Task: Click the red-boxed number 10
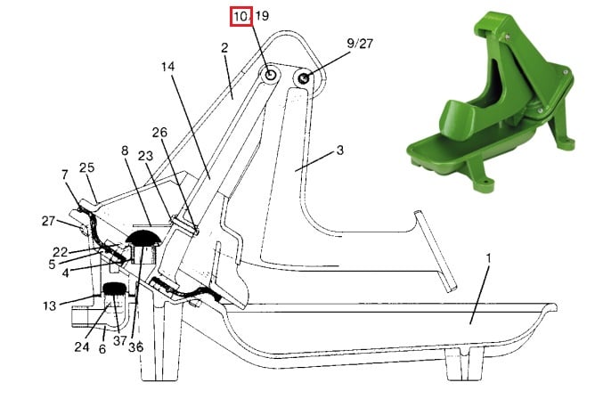[240, 17]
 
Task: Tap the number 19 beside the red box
[262, 16]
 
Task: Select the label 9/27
[360, 44]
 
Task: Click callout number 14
[167, 67]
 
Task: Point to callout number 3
[340, 151]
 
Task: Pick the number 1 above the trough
[488, 258]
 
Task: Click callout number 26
[159, 133]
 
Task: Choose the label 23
[145, 156]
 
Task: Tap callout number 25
[87, 167]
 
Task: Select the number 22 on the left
[60, 252]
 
